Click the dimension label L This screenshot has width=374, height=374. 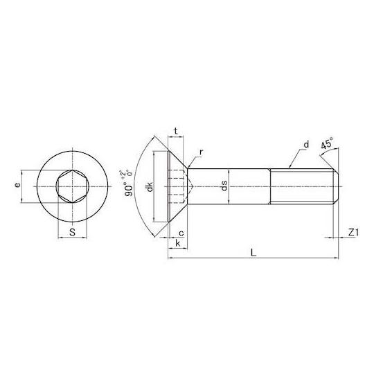click(x=253, y=252)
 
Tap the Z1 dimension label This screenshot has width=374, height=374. click(x=353, y=232)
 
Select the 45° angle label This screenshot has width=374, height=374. click(x=326, y=143)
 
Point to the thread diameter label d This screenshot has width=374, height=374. click(x=307, y=144)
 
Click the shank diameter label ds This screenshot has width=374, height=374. click(x=224, y=186)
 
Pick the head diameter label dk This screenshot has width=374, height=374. click(x=150, y=187)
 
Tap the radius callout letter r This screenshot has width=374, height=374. click(x=201, y=152)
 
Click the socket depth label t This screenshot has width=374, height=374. click(x=176, y=131)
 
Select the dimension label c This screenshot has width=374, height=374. click(x=181, y=233)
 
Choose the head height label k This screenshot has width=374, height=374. click(x=178, y=243)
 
